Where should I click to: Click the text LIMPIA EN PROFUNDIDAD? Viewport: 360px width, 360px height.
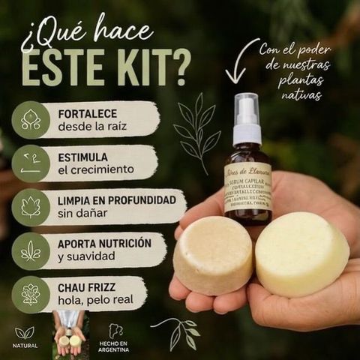pyautogui.click(x=116, y=200)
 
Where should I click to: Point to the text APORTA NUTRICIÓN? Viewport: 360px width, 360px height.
pyautogui.click(x=104, y=244)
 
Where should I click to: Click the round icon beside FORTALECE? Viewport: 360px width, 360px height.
pyautogui.click(x=31, y=119)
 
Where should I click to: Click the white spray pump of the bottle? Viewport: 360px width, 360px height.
pyautogui.click(x=247, y=120)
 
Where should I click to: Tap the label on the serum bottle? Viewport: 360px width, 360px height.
pyautogui.click(x=247, y=187)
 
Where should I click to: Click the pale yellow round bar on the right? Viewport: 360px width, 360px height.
pyautogui.click(x=301, y=253)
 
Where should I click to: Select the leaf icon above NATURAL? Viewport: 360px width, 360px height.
pyautogui.click(x=25, y=332)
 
